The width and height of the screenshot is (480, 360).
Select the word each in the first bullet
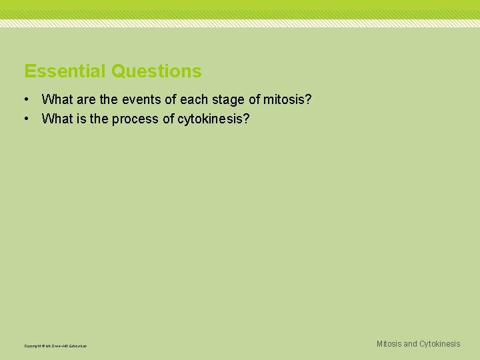coord(193,100)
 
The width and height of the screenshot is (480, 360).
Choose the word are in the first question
coord(87,100)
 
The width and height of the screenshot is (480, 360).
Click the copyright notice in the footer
coord(55,346)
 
